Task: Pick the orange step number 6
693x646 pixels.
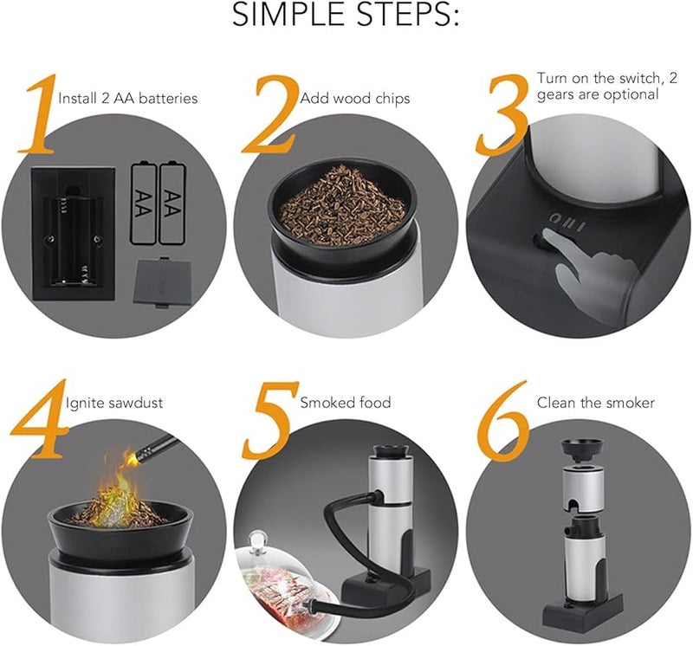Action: tap(504, 420)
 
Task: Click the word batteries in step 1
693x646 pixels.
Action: tap(169, 98)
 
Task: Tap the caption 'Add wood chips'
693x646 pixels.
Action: tap(355, 99)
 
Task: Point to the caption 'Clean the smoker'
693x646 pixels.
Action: tap(596, 403)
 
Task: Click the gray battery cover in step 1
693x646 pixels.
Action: tap(163, 282)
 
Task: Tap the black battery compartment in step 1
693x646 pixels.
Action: tap(74, 234)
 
